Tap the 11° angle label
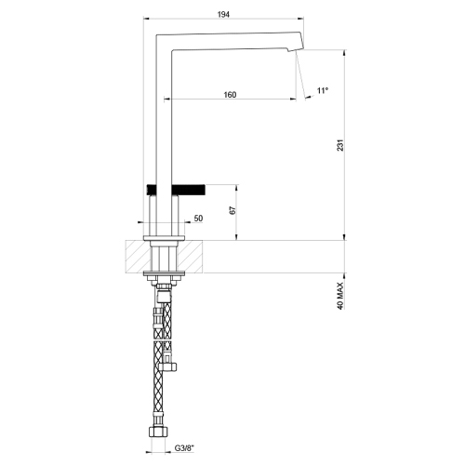click(x=323, y=90)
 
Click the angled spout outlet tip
click(x=297, y=45)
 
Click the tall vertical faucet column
click(x=159, y=112)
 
